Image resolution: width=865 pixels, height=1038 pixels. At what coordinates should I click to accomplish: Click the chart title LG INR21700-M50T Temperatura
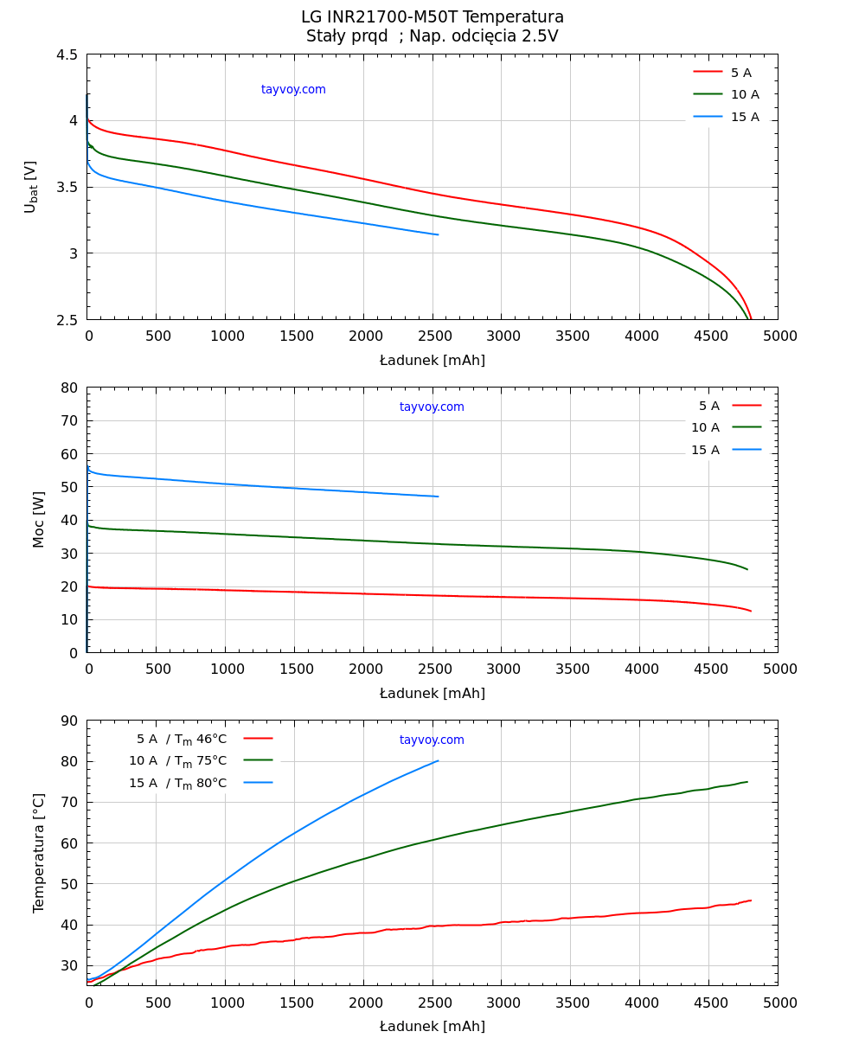432,17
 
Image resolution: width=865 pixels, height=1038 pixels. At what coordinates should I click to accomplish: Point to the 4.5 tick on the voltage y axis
67,54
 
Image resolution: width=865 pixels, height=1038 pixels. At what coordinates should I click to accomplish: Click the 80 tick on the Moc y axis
69,388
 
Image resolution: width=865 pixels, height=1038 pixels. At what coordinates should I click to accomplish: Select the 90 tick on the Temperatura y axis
69,721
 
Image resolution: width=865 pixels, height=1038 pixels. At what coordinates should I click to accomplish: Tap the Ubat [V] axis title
31,187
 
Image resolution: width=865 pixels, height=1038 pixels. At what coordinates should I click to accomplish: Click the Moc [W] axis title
38,520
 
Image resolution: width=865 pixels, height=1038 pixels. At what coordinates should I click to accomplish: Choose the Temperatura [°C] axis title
38,853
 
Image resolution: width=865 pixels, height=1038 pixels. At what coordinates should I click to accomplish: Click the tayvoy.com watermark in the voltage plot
293,90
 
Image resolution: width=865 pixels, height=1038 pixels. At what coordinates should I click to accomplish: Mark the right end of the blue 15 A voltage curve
438,234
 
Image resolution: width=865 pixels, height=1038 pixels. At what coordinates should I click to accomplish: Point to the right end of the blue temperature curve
438,761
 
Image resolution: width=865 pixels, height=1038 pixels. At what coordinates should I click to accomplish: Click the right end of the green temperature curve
747,782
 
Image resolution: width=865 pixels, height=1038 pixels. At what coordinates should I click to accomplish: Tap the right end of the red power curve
751,612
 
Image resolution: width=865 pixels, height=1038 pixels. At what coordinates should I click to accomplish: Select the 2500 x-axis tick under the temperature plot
432,1003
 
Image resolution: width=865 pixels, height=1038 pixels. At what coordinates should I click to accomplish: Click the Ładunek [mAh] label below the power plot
432,694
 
